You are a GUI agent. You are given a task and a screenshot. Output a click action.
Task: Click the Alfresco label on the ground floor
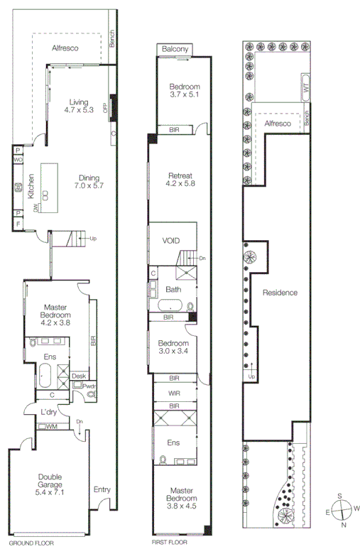point(65,48)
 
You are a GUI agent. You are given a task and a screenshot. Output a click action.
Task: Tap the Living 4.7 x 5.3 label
point(78,105)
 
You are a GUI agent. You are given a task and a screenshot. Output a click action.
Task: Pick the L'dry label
point(48,412)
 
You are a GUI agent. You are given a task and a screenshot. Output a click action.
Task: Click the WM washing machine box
point(50,426)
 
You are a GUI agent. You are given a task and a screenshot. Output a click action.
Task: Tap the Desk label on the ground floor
point(79,376)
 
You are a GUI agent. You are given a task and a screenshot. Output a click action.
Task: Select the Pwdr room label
point(89,386)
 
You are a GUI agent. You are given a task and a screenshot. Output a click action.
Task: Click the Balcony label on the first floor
point(175,49)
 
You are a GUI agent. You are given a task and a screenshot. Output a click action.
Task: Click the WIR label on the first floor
point(174,392)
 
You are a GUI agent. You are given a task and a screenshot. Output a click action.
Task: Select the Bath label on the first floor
point(174,290)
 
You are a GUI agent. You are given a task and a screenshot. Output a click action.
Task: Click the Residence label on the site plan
point(279,293)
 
